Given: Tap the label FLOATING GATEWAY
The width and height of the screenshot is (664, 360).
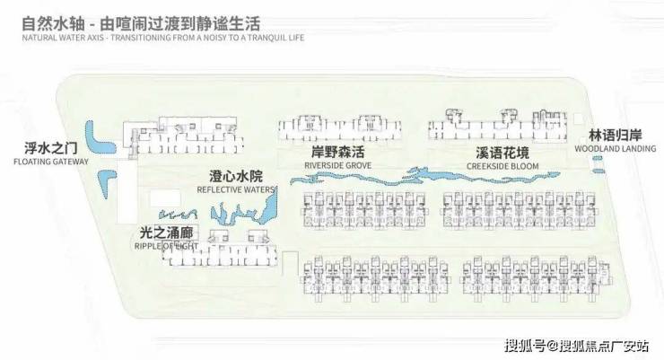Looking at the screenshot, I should point(51,162).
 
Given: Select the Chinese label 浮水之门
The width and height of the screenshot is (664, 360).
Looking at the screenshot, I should point(51,148).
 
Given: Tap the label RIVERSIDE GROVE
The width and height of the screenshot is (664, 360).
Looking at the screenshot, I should point(331,166).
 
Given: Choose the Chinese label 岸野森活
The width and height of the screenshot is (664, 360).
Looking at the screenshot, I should point(331,153).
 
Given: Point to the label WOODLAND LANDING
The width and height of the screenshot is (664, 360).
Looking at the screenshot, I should point(623,148).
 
